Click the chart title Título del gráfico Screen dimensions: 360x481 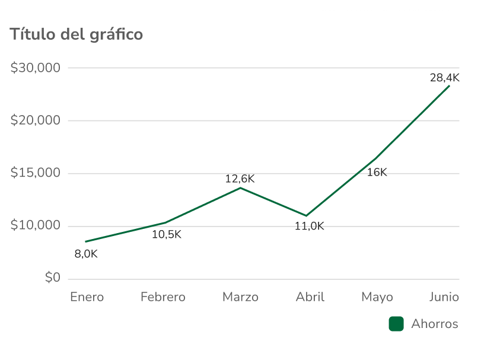pyautogui.click(x=77, y=34)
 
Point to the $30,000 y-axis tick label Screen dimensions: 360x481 pyautogui.click(x=36, y=68)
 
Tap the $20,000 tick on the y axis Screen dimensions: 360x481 pyautogui.click(x=36, y=121)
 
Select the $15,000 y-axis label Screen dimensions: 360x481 pyautogui.click(x=36, y=173)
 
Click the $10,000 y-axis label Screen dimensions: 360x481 pyautogui.click(x=36, y=226)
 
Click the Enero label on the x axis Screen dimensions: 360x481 pyautogui.click(x=87, y=297)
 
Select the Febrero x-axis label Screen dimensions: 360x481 pyautogui.click(x=163, y=297)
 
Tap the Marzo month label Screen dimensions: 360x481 pyautogui.click(x=240, y=297)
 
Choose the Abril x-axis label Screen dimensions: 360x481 pyautogui.click(x=310, y=297)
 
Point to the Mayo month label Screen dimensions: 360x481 pyautogui.click(x=377, y=297)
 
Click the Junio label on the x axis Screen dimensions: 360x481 pyautogui.click(x=444, y=297)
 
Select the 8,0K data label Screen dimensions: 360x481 pyautogui.click(x=86, y=254)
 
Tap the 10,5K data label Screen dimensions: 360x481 pyautogui.click(x=167, y=234)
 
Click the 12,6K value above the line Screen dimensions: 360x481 pyautogui.click(x=240, y=179)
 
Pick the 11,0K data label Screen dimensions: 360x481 pyautogui.click(x=310, y=226)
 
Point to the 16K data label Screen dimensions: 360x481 pyautogui.click(x=377, y=173)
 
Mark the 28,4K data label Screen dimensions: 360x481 pyautogui.click(x=444, y=78)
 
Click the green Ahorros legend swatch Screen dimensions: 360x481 pyautogui.click(x=396, y=324)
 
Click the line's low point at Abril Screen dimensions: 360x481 pyautogui.click(x=307, y=215)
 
